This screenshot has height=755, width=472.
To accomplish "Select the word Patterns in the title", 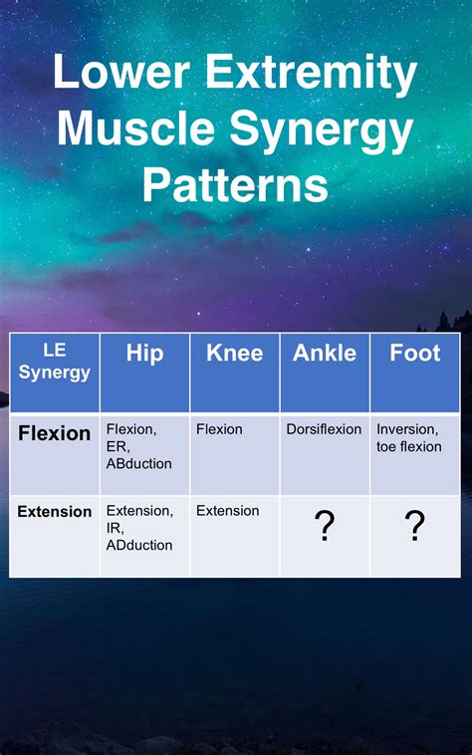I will (235, 184).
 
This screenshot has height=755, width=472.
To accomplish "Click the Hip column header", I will (144, 354).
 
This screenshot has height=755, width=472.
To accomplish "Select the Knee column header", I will (234, 354).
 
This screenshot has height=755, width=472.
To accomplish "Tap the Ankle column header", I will (324, 354).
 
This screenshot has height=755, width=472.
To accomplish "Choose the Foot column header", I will (414, 354).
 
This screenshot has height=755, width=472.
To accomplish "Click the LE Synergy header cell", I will (54, 363).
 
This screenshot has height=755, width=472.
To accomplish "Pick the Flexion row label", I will (54, 433).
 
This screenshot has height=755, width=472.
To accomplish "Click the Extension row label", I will (54, 511).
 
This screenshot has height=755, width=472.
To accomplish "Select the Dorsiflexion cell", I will (324, 429).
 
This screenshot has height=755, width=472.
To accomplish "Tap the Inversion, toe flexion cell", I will (409, 438).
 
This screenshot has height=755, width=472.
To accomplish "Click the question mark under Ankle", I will (324, 526).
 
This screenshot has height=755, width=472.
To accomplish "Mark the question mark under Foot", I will (414, 526).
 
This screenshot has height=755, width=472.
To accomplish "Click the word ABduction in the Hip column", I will (138, 463).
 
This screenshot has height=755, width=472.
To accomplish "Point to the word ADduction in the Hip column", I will (138, 545).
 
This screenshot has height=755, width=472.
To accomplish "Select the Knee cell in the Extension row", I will (227, 511).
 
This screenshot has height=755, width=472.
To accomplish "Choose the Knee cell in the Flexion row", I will (219, 429).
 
